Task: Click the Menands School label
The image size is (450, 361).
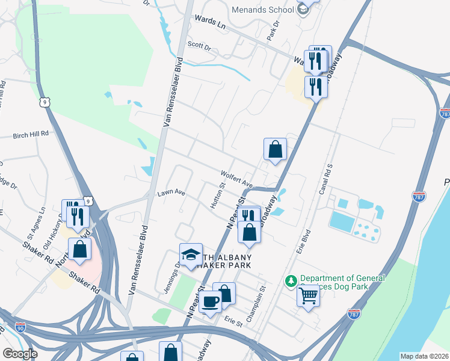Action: coord(264,10)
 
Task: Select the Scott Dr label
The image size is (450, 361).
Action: coord(199,46)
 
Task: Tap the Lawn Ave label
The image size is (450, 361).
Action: coord(171,193)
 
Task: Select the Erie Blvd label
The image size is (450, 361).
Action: coord(307,241)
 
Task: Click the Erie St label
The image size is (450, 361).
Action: coord(233,322)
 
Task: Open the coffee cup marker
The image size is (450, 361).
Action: coord(211,300)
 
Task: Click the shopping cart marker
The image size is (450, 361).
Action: coord(308,295)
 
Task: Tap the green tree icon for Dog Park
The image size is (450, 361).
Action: coord(291,281)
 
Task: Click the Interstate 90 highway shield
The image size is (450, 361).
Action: coord(20,327)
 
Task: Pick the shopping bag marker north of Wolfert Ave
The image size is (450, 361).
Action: coord(274,148)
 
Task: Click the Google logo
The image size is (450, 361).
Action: coord(21,354)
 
